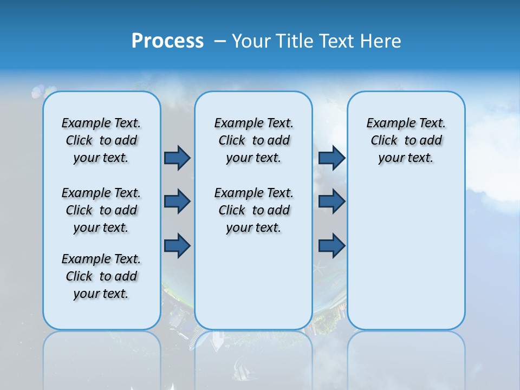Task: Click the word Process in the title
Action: coord(167,41)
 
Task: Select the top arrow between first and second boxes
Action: coord(177,158)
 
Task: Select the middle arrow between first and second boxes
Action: coord(177,202)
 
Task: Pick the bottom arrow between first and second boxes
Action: coord(177,246)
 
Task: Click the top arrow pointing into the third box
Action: coord(331,158)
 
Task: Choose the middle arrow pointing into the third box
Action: coord(331,202)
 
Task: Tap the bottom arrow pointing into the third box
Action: coord(331,246)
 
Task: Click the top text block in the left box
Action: coord(101,140)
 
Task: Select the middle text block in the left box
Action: coord(101,210)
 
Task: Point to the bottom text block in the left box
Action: coord(101,276)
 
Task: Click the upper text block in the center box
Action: coord(253,140)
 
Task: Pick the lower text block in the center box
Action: coord(253,210)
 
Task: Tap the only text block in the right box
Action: coord(406,140)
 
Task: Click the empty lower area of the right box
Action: coord(406,255)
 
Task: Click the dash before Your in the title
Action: coord(220,41)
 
